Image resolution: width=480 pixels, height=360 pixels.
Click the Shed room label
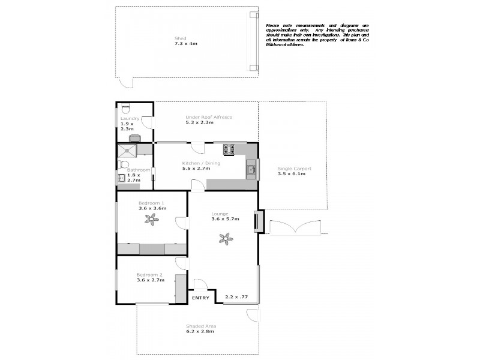(180, 38)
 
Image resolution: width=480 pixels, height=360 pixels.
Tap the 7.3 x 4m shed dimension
(185, 44)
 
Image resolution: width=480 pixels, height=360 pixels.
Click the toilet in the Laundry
(124, 109)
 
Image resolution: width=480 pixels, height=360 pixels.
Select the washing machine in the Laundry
(135, 138)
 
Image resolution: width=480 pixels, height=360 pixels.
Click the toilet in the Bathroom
(123, 164)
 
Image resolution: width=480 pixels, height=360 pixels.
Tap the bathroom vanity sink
(121, 178)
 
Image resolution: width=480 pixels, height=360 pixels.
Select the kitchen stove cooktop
(229, 149)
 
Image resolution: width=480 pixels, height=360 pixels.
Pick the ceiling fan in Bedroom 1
(152, 220)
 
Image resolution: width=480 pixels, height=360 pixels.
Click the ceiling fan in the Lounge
(226, 239)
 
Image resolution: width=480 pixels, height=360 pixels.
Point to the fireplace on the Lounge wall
(259, 221)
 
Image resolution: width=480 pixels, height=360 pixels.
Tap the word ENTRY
(200, 298)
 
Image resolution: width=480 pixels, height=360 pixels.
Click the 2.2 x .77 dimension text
(236, 296)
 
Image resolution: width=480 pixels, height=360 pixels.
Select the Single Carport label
(291, 169)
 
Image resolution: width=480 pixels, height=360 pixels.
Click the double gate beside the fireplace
(293, 228)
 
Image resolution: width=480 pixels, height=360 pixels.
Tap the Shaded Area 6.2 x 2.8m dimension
(199, 331)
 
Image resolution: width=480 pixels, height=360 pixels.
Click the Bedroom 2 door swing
(181, 262)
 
